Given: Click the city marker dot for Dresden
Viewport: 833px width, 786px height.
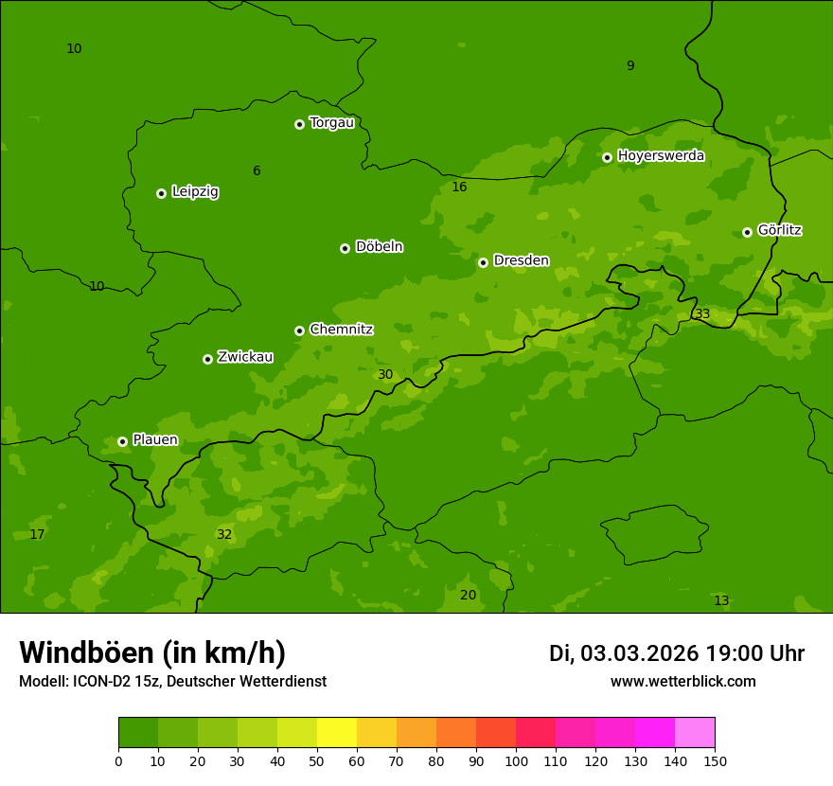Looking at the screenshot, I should pyautogui.click(x=483, y=262).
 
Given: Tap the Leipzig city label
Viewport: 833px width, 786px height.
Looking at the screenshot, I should pyautogui.click(x=195, y=192).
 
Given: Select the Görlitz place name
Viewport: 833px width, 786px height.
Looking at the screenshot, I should pyautogui.click(x=780, y=230).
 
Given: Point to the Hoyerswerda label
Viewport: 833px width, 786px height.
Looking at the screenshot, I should pyautogui.click(x=661, y=156).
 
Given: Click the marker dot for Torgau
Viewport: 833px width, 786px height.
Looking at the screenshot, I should pyautogui.click(x=299, y=124).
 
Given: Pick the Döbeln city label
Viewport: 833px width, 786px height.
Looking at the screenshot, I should pyautogui.click(x=379, y=247).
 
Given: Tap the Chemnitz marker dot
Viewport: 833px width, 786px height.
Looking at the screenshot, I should pyautogui.click(x=299, y=330).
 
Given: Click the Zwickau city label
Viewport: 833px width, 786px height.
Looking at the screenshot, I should pyautogui.click(x=245, y=357).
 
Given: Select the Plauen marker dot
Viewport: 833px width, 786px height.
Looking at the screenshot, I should pyautogui.click(x=122, y=441).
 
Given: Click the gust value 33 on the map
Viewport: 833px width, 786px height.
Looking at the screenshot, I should pyautogui.click(x=702, y=313).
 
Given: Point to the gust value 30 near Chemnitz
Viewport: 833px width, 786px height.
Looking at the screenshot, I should pyautogui.click(x=385, y=374).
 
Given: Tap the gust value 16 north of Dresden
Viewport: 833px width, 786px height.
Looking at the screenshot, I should pyautogui.click(x=459, y=187).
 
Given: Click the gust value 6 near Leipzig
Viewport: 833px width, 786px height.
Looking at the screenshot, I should pyautogui.click(x=257, y=170).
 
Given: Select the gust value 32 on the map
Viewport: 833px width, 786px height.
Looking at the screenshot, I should pyautogui.click(x=224, y=534).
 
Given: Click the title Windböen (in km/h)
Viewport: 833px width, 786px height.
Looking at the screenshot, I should pyautogui.click(x=152, y=652).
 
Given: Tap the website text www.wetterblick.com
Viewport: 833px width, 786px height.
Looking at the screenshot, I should pyautogui.click(x=682, y=682).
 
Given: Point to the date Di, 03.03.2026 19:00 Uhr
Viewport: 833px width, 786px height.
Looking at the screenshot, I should pyautogui.click(x=676, y=653).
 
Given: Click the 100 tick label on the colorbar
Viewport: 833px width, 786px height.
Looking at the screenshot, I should pyautogui.click(x=516, y=761).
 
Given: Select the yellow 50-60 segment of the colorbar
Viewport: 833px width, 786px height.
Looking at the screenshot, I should pyautogui.click(x=337, y=733).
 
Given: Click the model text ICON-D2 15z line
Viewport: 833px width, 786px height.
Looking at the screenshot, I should pyautogui.click(x=172, y=682).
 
